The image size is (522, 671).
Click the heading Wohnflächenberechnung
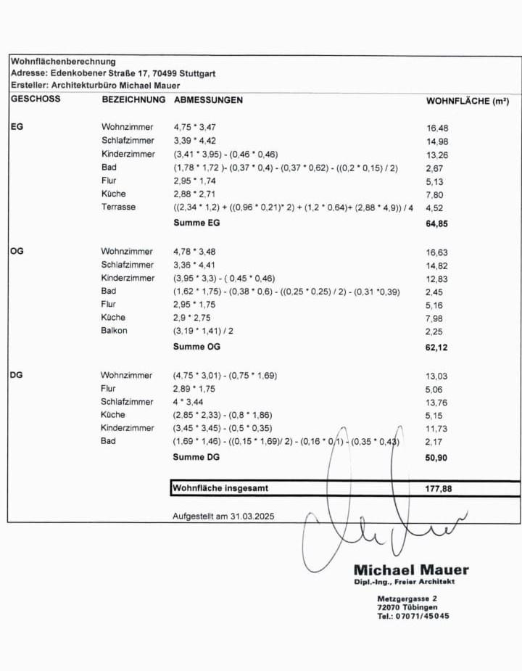(63, 62)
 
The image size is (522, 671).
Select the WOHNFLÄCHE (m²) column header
(467, 101)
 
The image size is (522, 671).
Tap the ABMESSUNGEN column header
(208, 99)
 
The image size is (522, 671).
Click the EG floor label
(17, 126)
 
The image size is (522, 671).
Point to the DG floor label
(17, 375)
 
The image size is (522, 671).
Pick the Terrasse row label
(118, 207)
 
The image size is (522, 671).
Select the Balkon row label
(114, 330)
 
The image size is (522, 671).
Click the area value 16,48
(437, 128)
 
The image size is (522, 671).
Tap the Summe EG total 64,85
(436, 224)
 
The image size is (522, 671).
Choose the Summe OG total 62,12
(436, 347)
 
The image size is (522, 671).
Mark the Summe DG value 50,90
(436, 458)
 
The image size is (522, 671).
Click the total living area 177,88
(438, 489)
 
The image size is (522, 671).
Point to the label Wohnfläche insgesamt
(220, 488)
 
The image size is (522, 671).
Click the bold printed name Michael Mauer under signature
(411, 570)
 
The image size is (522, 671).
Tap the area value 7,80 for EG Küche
(435, 194)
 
